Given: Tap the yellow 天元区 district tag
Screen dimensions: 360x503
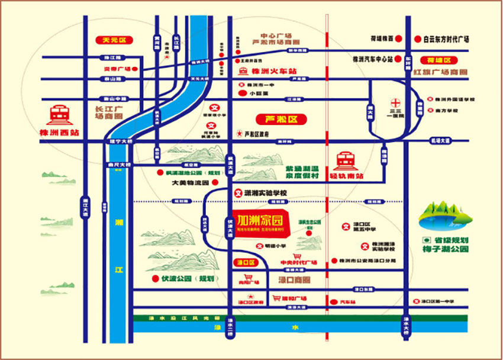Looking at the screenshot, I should [x=114, y=41].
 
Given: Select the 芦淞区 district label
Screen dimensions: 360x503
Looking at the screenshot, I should [x=279, y=119].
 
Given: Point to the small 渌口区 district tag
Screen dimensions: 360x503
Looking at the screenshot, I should [x=244, y=262].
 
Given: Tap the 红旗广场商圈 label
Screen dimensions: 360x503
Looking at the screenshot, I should [x=440, y=72].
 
